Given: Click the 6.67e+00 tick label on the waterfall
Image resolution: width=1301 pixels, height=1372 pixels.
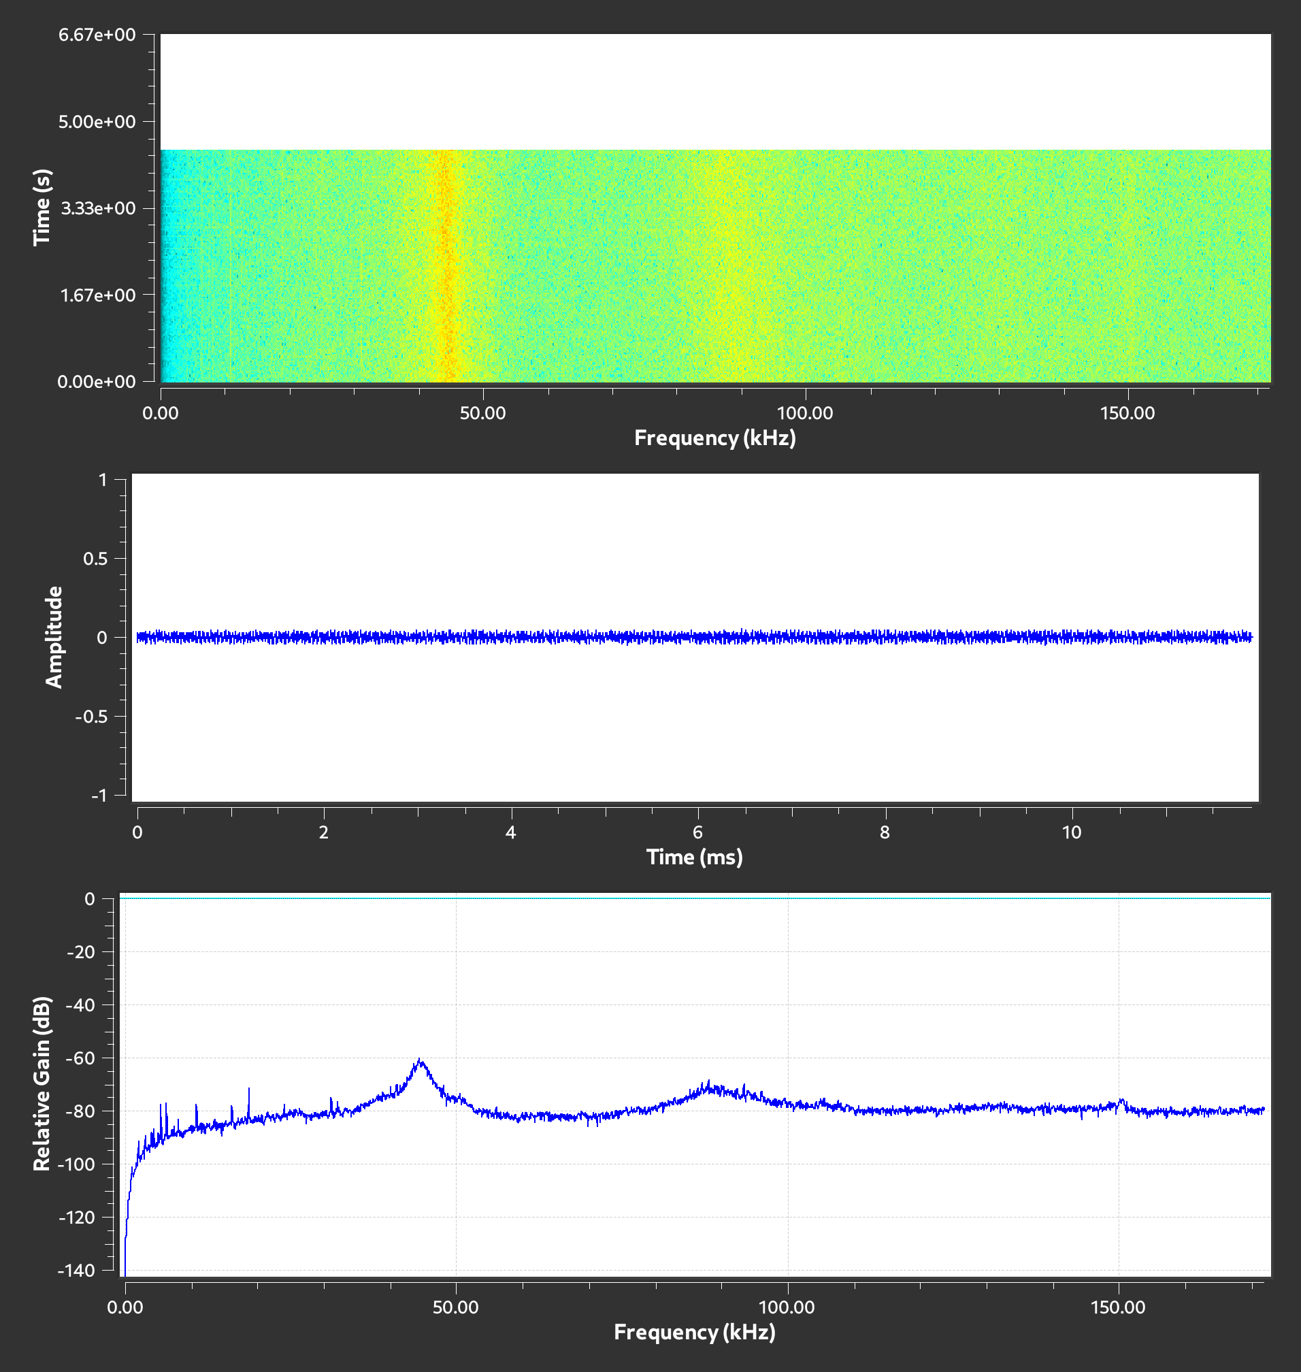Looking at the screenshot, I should click(97, 35).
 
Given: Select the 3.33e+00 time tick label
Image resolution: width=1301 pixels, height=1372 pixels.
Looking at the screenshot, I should click(98, 208).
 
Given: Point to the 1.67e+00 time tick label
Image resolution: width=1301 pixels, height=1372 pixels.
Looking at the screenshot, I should click(98, 295).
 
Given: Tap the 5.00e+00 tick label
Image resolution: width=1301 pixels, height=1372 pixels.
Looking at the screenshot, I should click(97, 121).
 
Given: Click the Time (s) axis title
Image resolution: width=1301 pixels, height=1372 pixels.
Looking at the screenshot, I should click(43, 208).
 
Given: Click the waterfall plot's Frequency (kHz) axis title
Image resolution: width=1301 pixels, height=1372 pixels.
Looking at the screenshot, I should click(715, 438).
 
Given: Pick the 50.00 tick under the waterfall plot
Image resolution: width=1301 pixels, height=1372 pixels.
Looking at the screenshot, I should click(483, 413).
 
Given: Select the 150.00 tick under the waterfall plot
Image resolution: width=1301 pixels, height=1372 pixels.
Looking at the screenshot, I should click(1127, 413).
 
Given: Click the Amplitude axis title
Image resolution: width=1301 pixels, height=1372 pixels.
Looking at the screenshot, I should click(54, 637).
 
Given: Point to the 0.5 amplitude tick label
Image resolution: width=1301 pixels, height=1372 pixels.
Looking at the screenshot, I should click(96, 558).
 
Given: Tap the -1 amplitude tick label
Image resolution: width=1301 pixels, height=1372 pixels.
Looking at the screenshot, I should click(99, 795).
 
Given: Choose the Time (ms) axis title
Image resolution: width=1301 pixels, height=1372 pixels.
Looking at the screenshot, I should click(694, 857).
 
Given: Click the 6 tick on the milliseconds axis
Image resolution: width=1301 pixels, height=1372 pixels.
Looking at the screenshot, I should click(697, 832).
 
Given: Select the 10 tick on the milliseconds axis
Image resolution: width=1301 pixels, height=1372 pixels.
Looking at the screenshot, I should click(1072, 832).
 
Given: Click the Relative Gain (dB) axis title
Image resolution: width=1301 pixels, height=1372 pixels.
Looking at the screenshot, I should click(42, 1083).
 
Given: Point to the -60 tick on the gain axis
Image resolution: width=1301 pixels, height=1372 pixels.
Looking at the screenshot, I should click(80, 1058).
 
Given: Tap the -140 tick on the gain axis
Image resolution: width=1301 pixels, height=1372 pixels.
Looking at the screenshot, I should click(78, 1270).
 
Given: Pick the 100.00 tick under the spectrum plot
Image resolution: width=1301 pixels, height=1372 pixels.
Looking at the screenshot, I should click(787, 1307).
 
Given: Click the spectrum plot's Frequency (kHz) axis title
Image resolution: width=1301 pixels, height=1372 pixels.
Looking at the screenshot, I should click(694, 1332).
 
